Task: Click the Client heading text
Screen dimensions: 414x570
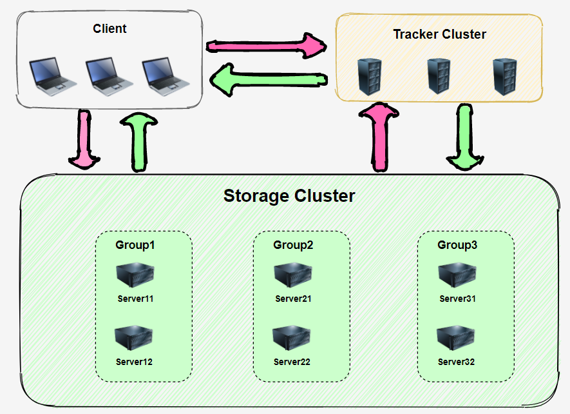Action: point(109,28)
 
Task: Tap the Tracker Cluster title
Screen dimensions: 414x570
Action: point(439,34)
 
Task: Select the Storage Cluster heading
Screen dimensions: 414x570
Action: point(289,195)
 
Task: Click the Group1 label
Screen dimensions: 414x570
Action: point(135,245)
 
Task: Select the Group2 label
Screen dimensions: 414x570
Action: point(293,245)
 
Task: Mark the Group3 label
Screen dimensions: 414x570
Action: point(457,245)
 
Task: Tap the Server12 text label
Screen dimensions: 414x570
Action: point(134,362)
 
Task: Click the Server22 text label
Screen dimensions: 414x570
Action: point(292,362)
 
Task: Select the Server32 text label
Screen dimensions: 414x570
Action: point(456,362)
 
